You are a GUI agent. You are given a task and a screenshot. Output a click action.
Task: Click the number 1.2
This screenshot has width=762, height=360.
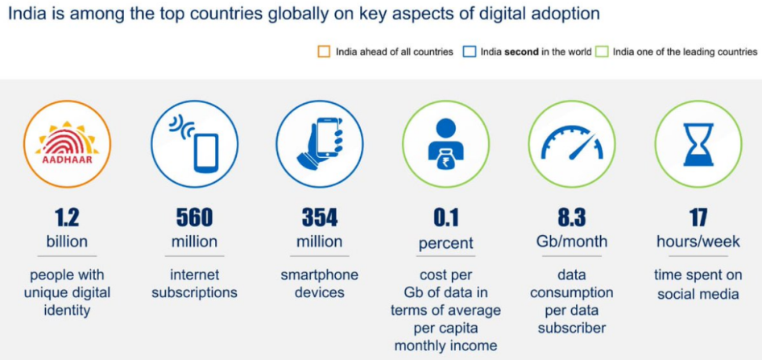pos(67,217)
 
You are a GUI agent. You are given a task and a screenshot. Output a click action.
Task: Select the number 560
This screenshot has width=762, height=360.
pos(194,217)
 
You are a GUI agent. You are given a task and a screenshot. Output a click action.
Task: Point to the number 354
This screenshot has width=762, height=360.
pos(320,217)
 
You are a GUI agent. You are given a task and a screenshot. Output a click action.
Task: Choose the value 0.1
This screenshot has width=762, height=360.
pos(445,218)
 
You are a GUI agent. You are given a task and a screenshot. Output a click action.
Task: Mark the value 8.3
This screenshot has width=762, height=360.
pos(571,217)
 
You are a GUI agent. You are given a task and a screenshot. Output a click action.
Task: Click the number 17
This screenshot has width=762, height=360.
pos(697,217)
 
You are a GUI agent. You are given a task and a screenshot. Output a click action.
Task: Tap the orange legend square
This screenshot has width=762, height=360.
pos(324,52)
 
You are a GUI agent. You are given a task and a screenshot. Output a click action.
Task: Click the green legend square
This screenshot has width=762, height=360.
pos(603,52)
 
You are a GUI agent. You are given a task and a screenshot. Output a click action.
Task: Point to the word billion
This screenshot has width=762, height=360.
pos(67,242)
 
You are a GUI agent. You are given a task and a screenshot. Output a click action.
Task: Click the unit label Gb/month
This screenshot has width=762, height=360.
pos(571,242)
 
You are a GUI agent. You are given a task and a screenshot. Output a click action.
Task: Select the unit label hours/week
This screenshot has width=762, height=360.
pos(697,242)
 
